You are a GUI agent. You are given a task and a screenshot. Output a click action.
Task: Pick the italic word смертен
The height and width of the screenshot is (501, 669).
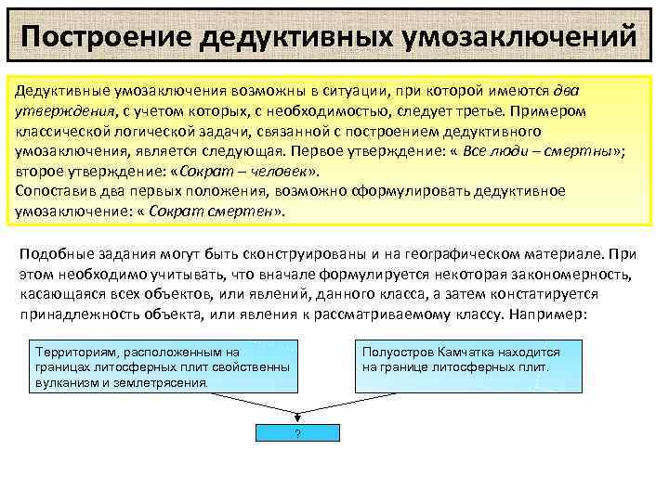click(241, 212)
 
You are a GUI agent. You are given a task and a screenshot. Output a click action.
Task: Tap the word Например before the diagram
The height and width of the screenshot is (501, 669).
click(548, 315)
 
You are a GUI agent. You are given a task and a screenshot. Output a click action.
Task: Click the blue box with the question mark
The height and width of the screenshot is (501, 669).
click(296, 433)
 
